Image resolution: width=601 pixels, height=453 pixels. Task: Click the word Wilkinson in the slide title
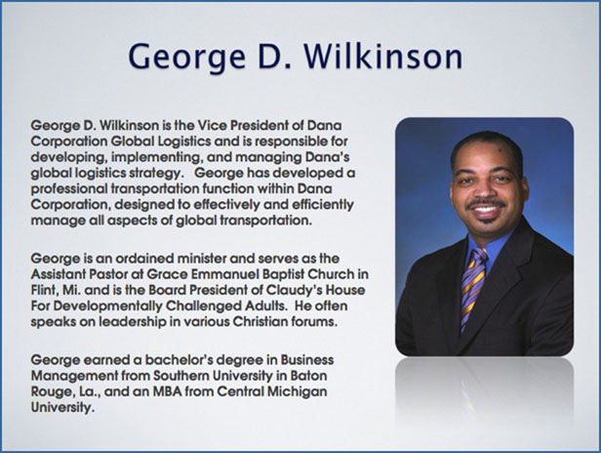pyautogui.click(x=382, y=57)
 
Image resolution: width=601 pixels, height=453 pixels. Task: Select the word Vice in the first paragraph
pyautogui.click(x=211, y=125)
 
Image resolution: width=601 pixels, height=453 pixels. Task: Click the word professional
pyautogui.click(x=69, y=189)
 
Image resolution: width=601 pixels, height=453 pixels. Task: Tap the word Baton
pyautogui.click(x=309, y=376)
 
